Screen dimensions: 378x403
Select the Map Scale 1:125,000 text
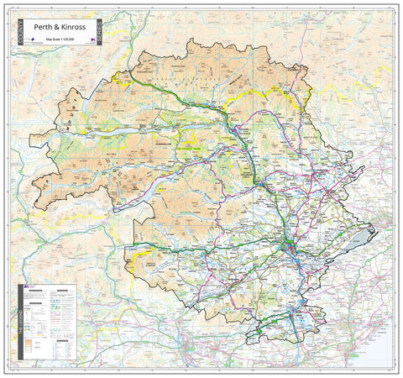(x=71, y=39)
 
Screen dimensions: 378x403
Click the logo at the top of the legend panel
(x=31, y=289)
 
